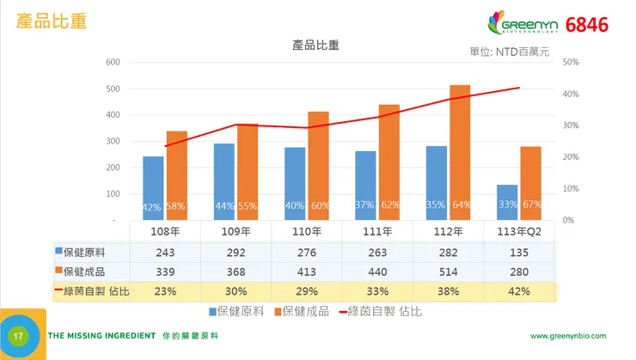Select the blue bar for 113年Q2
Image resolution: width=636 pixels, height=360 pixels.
click(507, 201)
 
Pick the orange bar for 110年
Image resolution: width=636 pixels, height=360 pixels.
click(318, 165)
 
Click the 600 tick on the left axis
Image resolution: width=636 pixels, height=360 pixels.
click(113, 62)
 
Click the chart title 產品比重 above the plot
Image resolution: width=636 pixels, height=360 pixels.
click(315, 45)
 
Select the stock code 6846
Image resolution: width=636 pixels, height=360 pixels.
click(587, 25)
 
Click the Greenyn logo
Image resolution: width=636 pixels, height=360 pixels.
click(523, 24)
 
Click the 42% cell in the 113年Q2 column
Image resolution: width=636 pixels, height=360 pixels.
click(519, 291)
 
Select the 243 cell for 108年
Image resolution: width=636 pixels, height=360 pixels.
click(164, 252)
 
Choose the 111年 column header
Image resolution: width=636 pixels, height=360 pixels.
click(377, 231)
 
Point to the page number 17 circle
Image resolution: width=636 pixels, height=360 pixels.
click(17, 335)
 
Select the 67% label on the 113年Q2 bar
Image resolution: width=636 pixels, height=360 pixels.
click(531, 205)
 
